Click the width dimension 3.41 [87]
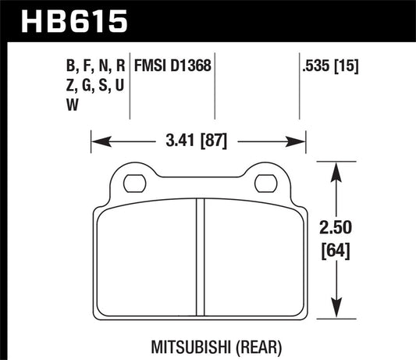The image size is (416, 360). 197,143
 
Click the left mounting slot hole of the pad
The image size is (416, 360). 133,184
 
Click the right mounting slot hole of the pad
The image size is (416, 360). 264,184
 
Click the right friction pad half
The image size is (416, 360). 250,258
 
